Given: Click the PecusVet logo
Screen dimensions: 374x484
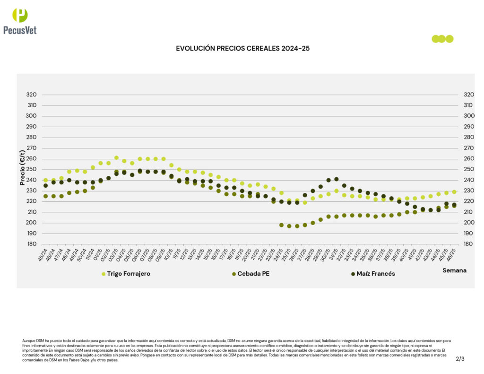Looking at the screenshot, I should pos(20,21).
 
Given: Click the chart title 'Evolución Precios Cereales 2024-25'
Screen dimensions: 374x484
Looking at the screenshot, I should pos(242,48).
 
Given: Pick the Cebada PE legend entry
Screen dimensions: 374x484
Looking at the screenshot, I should pos(253,274).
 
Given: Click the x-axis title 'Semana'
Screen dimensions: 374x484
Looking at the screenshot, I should pos(454,270).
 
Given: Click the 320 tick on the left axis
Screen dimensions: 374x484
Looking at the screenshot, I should pos(32,95).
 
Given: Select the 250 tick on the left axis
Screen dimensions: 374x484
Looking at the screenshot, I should pos(32,169).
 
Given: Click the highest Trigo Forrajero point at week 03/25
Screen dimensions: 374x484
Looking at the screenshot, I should pos(116,158).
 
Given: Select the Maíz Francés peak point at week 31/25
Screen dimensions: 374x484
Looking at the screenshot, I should pos(337,179).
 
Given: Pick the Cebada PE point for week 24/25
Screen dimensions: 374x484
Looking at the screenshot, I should pos(281,225).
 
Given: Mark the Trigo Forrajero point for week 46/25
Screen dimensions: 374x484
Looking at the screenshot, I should pos(454,192).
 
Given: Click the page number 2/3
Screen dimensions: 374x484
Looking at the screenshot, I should pos(460,359).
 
